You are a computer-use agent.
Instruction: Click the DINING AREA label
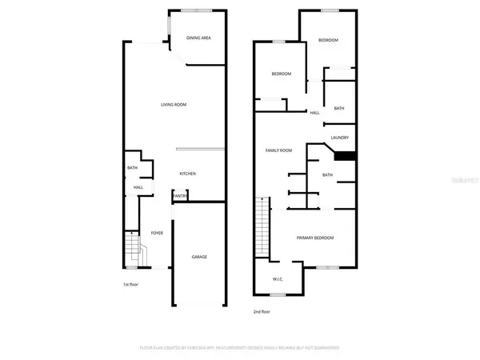pos(198,38)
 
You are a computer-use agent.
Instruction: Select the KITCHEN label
pos(188,174)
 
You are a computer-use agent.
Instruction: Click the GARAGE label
pos(199,257)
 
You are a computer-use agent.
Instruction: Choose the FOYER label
pos(157,233)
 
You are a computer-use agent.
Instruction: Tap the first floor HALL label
pos(138,187)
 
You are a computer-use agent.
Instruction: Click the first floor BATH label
pos(132,167)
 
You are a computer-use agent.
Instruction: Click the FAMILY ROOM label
pos(279,150)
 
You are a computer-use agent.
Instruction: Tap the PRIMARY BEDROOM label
pos(315,238)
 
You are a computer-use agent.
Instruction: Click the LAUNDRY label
pos(339,138)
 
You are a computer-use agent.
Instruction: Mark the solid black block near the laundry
pos(344,156)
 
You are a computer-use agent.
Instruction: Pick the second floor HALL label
pos(315,113)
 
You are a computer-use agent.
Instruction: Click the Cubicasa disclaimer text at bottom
pos(239,348)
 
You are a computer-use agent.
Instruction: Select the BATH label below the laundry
pos(327,174)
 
